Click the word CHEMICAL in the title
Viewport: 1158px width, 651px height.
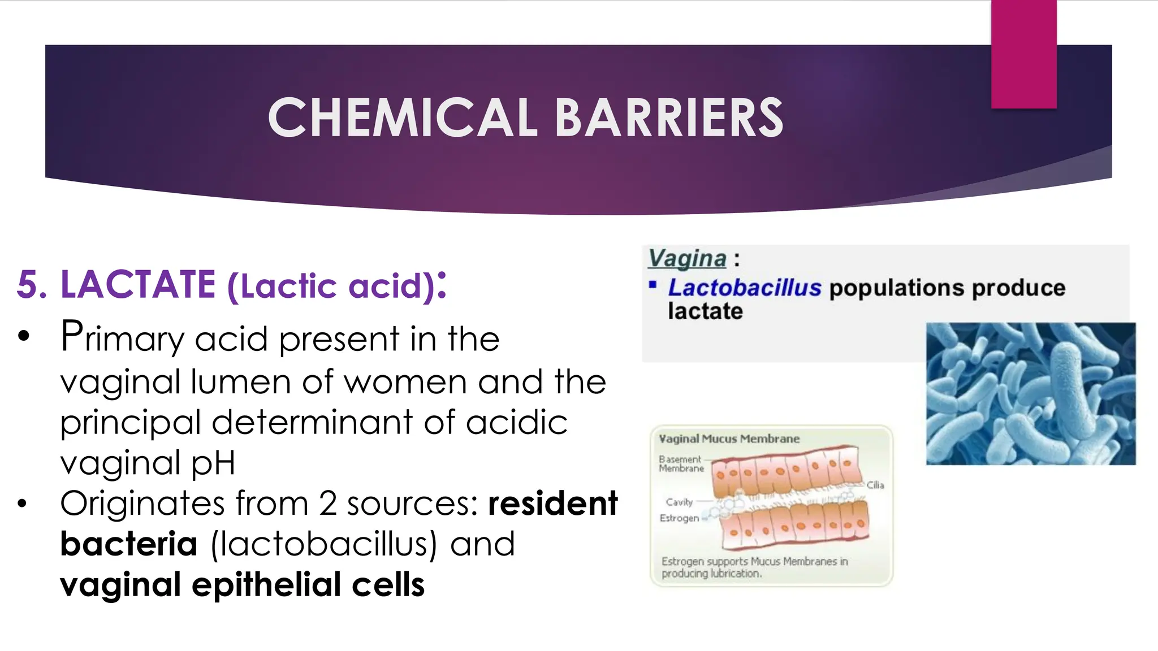pyautogui.click(x=402, y=118)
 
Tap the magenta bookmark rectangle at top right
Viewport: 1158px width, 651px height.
pyautogui.click(x=1023, y=54)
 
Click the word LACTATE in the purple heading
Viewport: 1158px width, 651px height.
pyautogui.click(x=138, y=284)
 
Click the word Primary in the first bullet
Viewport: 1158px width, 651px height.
pyautogui.click(x=122, y=338)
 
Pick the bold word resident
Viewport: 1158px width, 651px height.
pyautogui.click(x=552, y=504)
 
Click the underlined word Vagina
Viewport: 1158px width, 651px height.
pyautogui.click(x=687, y=258)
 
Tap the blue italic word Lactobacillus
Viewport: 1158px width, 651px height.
pyautogui.click(x=744, y=288)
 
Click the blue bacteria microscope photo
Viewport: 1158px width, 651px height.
pyautogui.click(x=1030, y=393)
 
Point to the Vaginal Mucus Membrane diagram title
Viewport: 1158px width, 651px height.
pyautogui.click(x=729, y=439)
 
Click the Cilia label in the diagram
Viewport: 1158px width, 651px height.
pyautogui.click(x=875, y=485)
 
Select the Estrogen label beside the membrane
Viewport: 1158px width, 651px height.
pyautogui.click(x=679, y=518)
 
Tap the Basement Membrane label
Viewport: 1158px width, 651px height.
pyautogui.click(x=680, y=464)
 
